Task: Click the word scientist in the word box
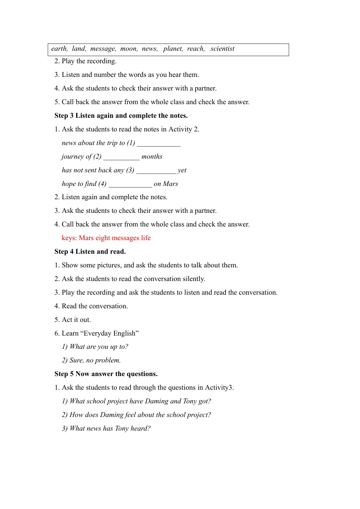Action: click(x=222, y=49)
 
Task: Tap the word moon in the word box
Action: click(x=128, y=49)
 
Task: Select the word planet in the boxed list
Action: click(x=173, y=49)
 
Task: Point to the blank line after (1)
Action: click(x=159, y=144)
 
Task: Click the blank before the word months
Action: click(x=121, y=157)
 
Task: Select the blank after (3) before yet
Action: click(x=156, y=171)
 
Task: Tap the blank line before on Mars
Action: click(x=130, y=184)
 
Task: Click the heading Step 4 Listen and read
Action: click(x=90, y=251)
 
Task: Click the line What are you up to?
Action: click(x=95, y=347)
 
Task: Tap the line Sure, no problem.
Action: click(x=91, y=360)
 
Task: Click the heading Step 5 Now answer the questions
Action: click(x=106, y=374)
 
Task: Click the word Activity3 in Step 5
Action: click(x=219, y=387)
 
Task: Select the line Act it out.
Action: click(x=76, y=320)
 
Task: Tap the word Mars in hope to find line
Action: click(x=171, y=184)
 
